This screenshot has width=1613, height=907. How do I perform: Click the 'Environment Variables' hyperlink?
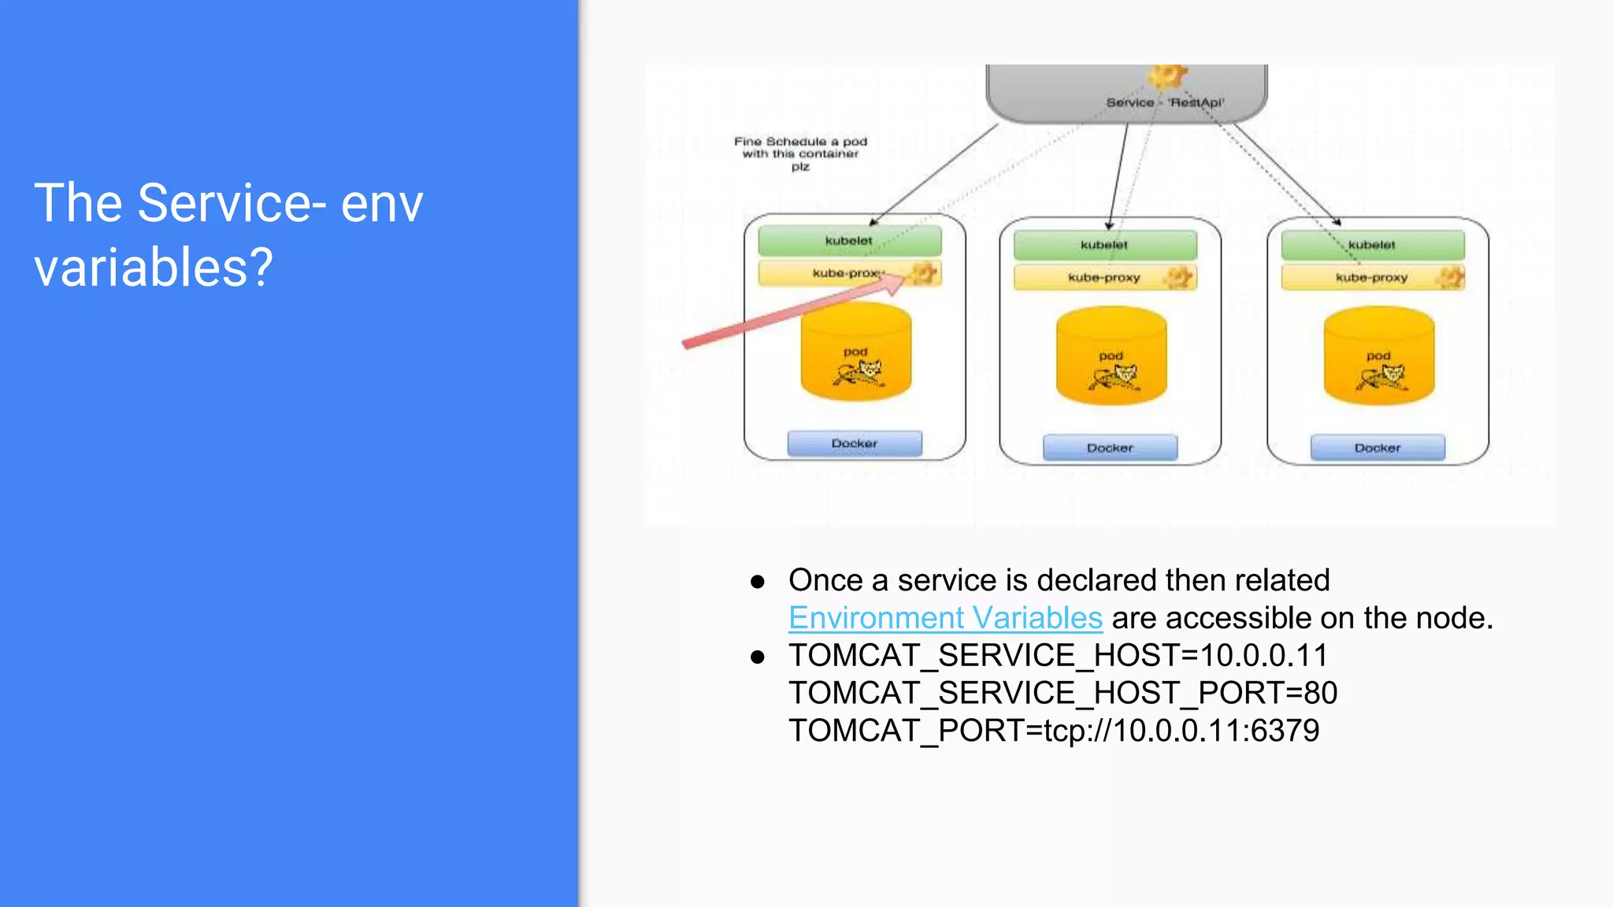coord(945,618)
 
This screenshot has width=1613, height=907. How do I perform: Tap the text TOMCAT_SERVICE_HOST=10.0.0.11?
coord(1058,655)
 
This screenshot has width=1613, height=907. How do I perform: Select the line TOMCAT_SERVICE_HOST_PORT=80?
coord(1062,693)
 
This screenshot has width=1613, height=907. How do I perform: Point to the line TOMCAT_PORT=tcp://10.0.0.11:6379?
coord(1054,731)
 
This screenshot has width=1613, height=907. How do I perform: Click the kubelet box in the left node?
coord(849,241)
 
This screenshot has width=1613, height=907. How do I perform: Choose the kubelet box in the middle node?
coord(1104,245)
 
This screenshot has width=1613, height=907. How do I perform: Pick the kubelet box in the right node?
coord(1372,245)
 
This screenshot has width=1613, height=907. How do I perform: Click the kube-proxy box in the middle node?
coord(1104,277)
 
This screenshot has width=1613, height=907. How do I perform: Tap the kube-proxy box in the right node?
coord(1372,277)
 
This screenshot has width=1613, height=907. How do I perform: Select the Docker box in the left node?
coord(855,443)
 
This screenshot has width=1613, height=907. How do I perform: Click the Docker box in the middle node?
coord(1110,447)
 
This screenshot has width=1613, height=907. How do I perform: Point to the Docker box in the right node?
coord(1378,447)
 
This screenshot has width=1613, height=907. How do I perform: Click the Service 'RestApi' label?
coord(1165,102)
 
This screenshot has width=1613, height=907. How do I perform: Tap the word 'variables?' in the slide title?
coord(154,268)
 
